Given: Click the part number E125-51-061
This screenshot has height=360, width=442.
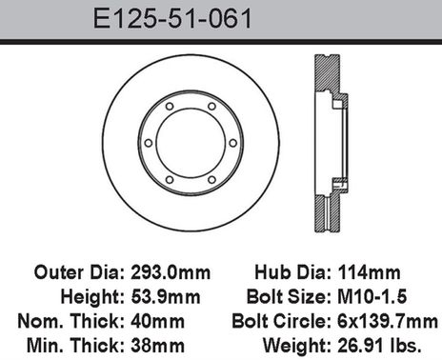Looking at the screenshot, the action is point(172,19).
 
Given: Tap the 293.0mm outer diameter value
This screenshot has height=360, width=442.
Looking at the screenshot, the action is point(171,272).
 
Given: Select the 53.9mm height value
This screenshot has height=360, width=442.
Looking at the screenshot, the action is point(166,297).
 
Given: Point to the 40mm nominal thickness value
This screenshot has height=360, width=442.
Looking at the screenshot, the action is point(157,321).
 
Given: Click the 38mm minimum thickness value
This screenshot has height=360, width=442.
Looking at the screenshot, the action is point(157,346).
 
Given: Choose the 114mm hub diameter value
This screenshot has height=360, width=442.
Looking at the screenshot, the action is point(369,272).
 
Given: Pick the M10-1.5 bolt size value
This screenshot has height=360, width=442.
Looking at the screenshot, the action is point(372,297).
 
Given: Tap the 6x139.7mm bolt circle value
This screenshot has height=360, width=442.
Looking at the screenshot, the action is point(388,321).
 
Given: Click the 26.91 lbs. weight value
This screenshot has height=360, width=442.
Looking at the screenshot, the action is point(379,346).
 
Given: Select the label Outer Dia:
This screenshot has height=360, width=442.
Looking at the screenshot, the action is point(79,272).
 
